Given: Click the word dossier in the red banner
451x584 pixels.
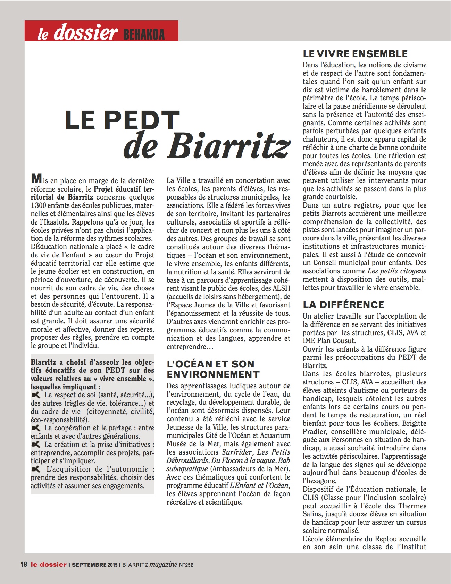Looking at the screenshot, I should (86, 32).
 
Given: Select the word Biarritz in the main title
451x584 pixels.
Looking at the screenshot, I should (228, 145).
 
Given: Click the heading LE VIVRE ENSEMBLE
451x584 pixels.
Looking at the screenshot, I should (355, 54).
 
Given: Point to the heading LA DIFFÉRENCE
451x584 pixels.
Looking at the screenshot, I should (343, 305).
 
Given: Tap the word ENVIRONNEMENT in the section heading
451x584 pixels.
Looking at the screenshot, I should (213, 375).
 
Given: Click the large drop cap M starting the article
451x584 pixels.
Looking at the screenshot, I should (36, 179).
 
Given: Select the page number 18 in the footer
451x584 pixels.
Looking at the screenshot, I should (24, 565).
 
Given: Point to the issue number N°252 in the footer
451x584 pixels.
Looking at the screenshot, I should (186, 565).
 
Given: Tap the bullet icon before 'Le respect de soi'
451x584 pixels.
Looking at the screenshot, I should (36, 395).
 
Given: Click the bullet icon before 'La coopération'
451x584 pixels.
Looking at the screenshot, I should (36, 428).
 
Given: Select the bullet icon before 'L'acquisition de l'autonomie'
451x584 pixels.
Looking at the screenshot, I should (36, 469).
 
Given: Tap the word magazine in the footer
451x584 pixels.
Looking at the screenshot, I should (163, 565).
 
